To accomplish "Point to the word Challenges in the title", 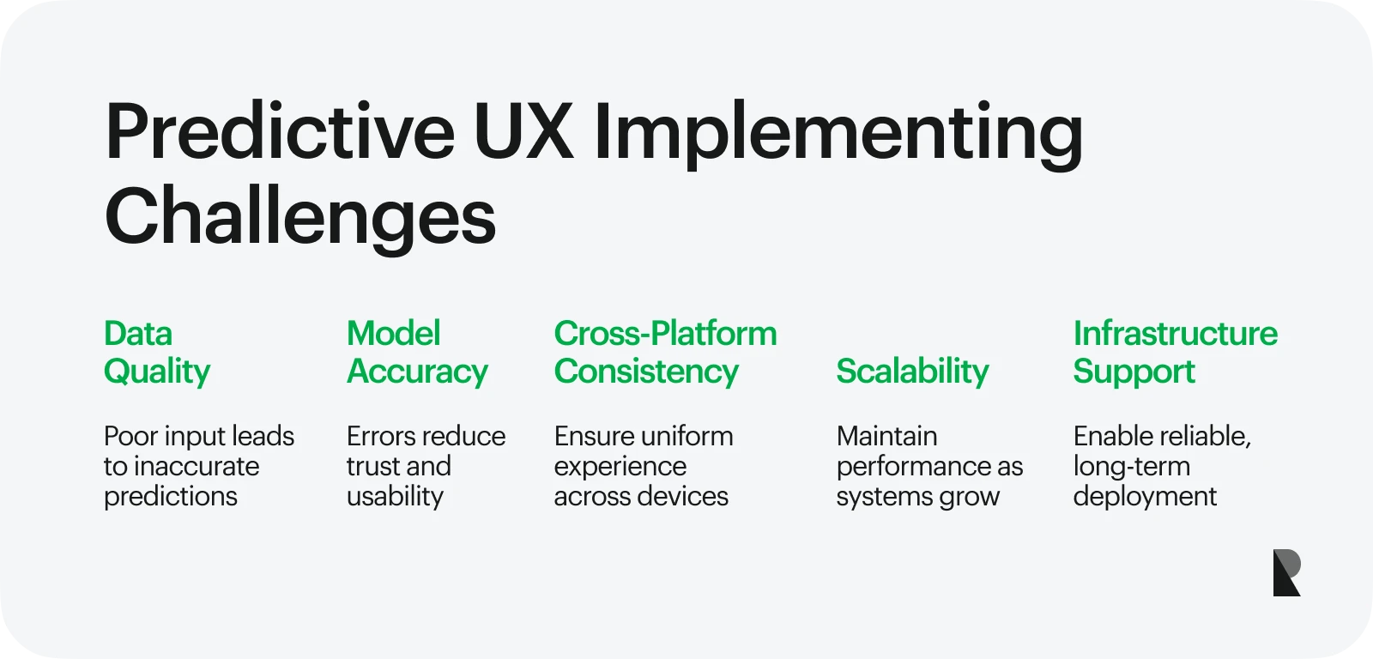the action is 300,219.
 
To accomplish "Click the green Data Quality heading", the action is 157,353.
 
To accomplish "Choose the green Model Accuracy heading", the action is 417,353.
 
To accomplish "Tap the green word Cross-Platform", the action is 666,334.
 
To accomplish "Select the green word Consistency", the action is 647,372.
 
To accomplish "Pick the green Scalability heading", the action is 913,372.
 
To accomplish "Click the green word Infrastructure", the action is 1176,334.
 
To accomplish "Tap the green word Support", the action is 1134,372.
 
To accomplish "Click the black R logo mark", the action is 1286,572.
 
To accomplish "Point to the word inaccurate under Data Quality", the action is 197,467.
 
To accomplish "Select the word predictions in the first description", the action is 171,497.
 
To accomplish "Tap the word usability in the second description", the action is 396,497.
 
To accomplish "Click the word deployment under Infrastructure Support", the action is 1145,497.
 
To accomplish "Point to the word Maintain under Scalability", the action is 887,437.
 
